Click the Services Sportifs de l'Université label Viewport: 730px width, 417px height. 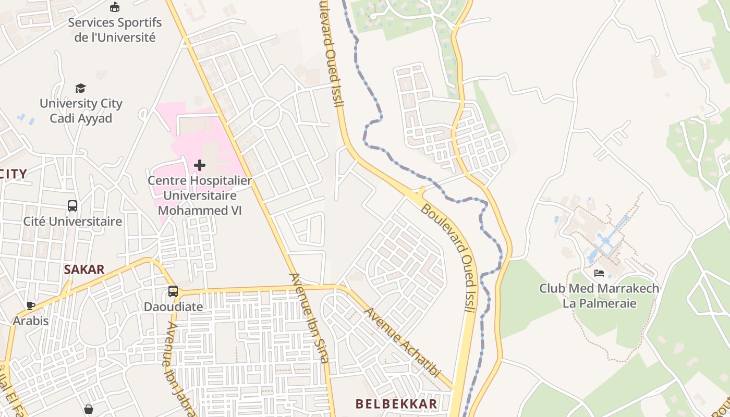click(115, 30)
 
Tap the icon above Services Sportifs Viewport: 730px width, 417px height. click(115, 7)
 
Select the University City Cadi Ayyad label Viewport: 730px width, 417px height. click(81, 111)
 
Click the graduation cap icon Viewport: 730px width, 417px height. click(80, 88)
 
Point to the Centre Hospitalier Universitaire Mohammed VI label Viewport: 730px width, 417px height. click(199, 195)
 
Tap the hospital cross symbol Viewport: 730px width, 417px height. click(199, 165)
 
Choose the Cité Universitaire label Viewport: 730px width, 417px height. click(72, 221)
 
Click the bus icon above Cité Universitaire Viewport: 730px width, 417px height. click(72, 206)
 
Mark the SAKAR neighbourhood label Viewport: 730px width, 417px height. click(84, 269)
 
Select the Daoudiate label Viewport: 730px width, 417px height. click(173, 306)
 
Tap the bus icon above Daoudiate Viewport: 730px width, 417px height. click(173, 291)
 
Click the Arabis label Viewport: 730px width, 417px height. click(31, 321)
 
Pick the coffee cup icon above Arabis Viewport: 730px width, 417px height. click(31, 305)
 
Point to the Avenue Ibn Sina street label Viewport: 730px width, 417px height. click(309, 318)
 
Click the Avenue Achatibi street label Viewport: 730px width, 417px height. click(402, 343)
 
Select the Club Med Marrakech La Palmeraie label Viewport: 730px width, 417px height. click(599, 296)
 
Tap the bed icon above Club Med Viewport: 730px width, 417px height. click(599, 273)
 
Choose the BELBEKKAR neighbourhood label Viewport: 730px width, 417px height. click(396, 403)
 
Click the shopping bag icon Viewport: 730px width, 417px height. click(89, 409)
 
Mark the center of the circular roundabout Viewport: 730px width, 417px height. click(266, 112)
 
